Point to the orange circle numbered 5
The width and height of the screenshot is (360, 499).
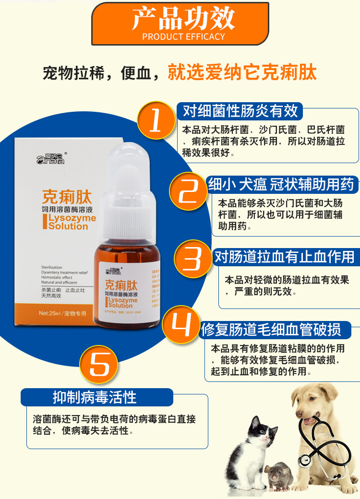coord(99,365)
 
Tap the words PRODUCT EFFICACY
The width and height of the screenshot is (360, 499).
coord(184,37)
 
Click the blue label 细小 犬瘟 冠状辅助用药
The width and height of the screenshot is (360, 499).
coord(281,184)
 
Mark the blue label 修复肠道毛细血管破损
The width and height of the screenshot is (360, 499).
coord(271,329)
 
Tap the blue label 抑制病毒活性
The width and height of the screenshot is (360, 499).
coord(95,397)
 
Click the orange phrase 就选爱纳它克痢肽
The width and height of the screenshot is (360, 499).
coord(242,73)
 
